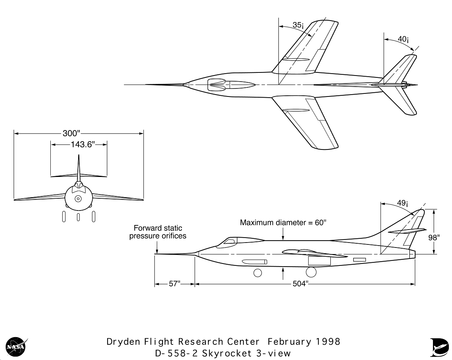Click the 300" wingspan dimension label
click(71, 133)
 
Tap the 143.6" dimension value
click(83, 145)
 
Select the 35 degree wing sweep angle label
click(298, 25)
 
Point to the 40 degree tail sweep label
click(403, 39)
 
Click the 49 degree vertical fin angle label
click(402, 203)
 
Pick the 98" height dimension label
click(434, 238)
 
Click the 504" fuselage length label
click(300, 284)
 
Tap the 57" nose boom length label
click(174, 284)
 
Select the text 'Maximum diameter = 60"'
click(283, 222)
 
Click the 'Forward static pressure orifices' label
click(158, 232)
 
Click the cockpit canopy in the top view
click(232, 85)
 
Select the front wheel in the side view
click(257, 273)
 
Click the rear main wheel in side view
click(311, 272)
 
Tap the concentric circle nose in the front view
click(78, 199)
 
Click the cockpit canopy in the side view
click(240, 242)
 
